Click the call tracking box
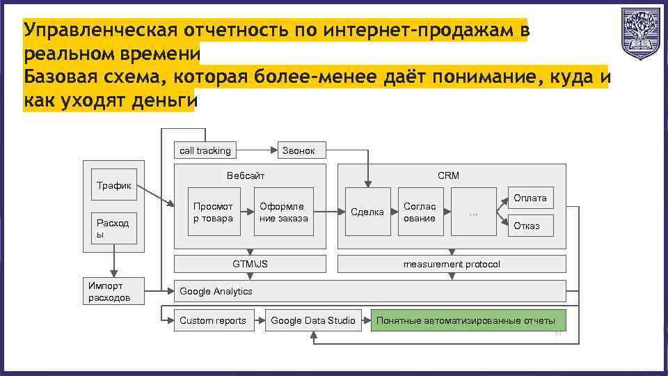(x=205, y=150)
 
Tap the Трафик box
(x=113, y=185)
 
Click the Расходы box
(x=113, y=228)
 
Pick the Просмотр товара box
(x=213, y=212)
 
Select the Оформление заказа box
(x=284, y=212)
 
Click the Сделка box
(x=367, y=212)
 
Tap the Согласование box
(x=420, y=212)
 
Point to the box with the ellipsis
(x=473, y=212)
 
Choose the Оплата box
(x=531, y=198)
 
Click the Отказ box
(x=531, y=226)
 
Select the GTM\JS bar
(x=249, y=264)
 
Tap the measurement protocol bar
(x=452, y=264)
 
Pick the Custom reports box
(x=213, y=320)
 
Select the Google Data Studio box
(x=313, y=320)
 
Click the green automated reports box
(x=468, y=320)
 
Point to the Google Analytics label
(x=216, y=291)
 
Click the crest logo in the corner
(x=640, y=34)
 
